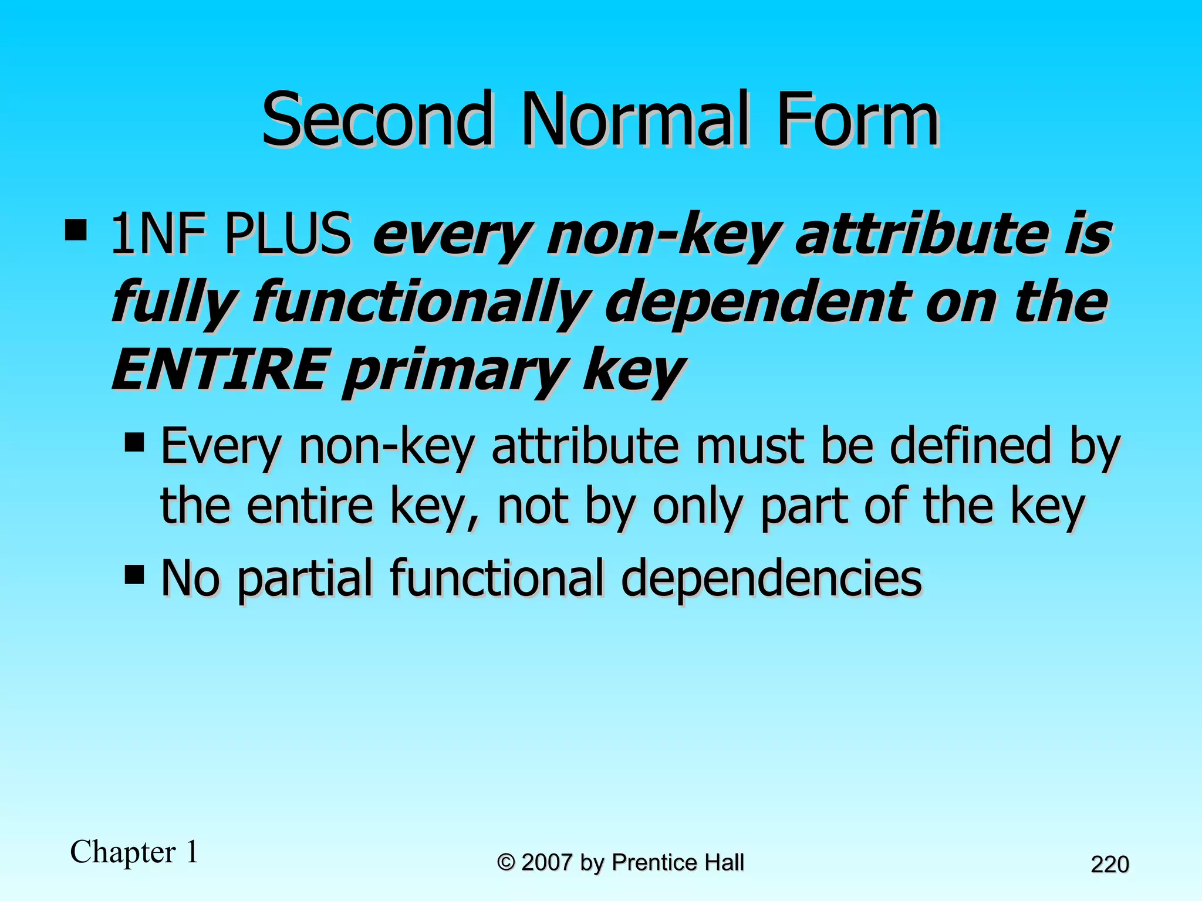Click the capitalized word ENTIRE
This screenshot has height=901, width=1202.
tap(219, 370)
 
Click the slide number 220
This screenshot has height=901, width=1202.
tap(1110, 865)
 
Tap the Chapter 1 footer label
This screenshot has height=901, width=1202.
tap(134, 852)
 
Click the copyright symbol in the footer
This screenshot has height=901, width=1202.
tap(507, 863)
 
